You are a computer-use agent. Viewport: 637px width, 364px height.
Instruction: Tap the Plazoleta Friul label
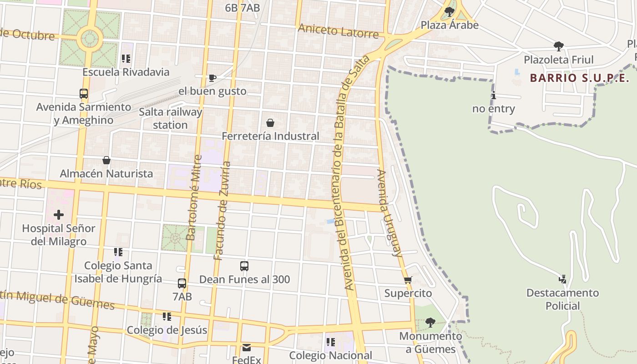tap(558, 60)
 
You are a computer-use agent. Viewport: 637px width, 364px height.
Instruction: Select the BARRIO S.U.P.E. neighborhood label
tap(579, 78)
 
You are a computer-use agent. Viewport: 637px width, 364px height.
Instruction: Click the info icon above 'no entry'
tap(494, 96)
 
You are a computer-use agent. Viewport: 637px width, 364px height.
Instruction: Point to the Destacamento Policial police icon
tap(562, 279)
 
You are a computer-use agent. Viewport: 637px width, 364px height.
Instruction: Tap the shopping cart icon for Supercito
tap(408, 280)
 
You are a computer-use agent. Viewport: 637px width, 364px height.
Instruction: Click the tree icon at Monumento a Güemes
tap(430, 323)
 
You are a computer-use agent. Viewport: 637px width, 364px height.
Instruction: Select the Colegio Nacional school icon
tap(330, 342)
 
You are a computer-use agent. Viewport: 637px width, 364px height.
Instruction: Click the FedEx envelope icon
tap(247, 348)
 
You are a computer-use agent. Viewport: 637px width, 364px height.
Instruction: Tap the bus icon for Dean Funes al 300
tap(244, 266)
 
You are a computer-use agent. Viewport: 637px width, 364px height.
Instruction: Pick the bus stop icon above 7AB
tap(182, 283)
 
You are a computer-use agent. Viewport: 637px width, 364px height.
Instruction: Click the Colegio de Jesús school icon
tap(167, 317)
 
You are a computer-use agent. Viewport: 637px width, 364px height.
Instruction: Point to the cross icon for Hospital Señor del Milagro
tap(59, 215)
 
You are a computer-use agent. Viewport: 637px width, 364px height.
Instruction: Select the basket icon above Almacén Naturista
tap(106, 160)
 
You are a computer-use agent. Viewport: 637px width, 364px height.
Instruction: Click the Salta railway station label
tap(170, 118)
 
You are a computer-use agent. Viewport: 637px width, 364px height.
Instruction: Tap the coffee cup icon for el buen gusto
tap(212, 78)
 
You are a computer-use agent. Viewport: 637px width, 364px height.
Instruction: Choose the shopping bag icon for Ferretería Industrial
tap(270, 123)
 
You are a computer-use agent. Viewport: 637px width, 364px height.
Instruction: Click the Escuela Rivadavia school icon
tap(126, 59)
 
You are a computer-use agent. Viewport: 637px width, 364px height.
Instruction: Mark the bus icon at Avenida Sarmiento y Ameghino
tap(84, 94)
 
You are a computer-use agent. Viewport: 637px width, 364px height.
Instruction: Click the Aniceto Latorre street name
tap(338, 31)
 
